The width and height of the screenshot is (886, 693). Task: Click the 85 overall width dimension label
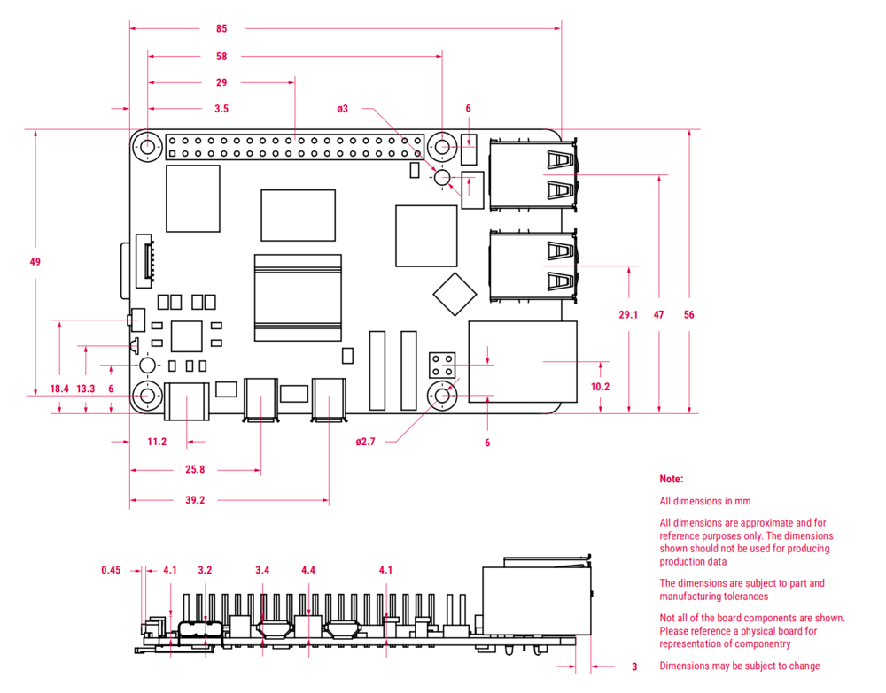(221, 28)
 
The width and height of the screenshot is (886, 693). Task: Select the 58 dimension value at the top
(221, 56)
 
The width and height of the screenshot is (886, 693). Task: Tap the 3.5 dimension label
(221, 109)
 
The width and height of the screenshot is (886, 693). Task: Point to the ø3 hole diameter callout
(343, 109)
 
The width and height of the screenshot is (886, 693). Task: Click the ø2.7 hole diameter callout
(365, 441)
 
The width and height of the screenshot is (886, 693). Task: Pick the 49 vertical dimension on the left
(35, 261)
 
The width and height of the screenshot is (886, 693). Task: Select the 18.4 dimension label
(59, 389)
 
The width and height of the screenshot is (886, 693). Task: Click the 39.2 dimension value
(195, 500)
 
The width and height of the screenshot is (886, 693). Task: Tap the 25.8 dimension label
(195, 469)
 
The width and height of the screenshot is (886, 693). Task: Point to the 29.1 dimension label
(628, 314)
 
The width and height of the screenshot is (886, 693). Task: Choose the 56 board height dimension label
(688, 314)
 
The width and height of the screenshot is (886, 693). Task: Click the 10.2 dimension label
(600, 387)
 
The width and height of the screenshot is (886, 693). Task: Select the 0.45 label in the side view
(111, 570)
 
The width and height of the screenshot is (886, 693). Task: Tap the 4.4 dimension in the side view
(308, 570)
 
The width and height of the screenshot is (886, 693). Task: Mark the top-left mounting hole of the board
(147, 146)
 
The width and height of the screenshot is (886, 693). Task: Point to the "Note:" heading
(672, 479)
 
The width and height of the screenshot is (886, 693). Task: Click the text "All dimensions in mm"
(705, 501)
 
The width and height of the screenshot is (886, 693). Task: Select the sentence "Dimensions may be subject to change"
(740, 666)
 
